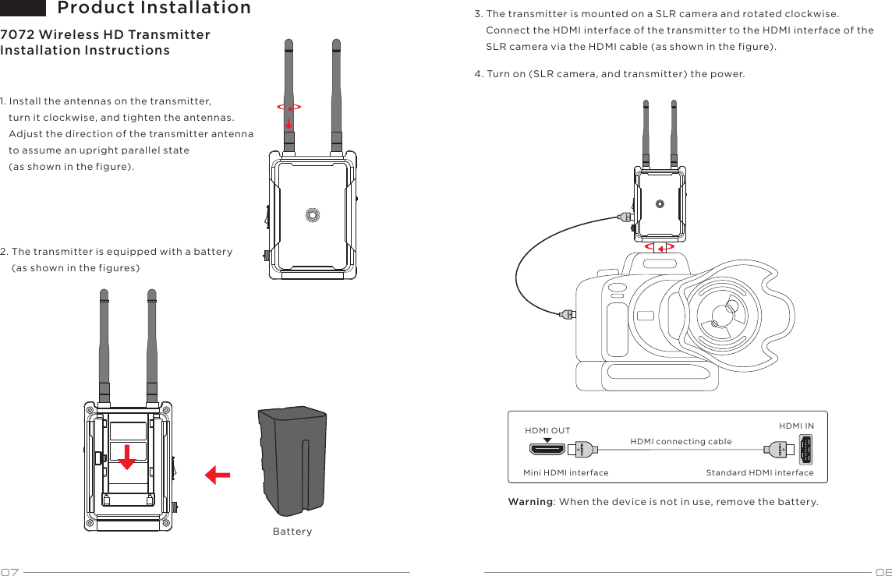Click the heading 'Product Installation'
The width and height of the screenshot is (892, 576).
tap(154, 9)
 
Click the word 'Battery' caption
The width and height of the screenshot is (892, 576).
tap(292, 532)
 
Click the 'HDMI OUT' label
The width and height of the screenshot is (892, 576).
tap(547, 430)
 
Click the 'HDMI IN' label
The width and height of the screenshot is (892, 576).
tap(796, 426)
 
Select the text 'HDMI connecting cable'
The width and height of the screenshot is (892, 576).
tap(681, 442)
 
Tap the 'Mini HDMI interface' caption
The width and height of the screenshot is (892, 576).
tap(565, 472)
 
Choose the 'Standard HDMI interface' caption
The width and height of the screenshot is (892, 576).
tap(759, 472)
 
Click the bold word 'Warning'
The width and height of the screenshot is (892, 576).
tap(530, 501)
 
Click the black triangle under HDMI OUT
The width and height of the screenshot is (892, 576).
tap(547, 440)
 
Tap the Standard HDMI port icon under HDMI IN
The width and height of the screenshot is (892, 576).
tap(805, 450)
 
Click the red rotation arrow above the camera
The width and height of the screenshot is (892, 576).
tap(660, 247)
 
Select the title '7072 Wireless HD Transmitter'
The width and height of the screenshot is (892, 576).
tap(105, 35)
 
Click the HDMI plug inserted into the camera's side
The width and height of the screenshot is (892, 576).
tap(568, 314)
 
